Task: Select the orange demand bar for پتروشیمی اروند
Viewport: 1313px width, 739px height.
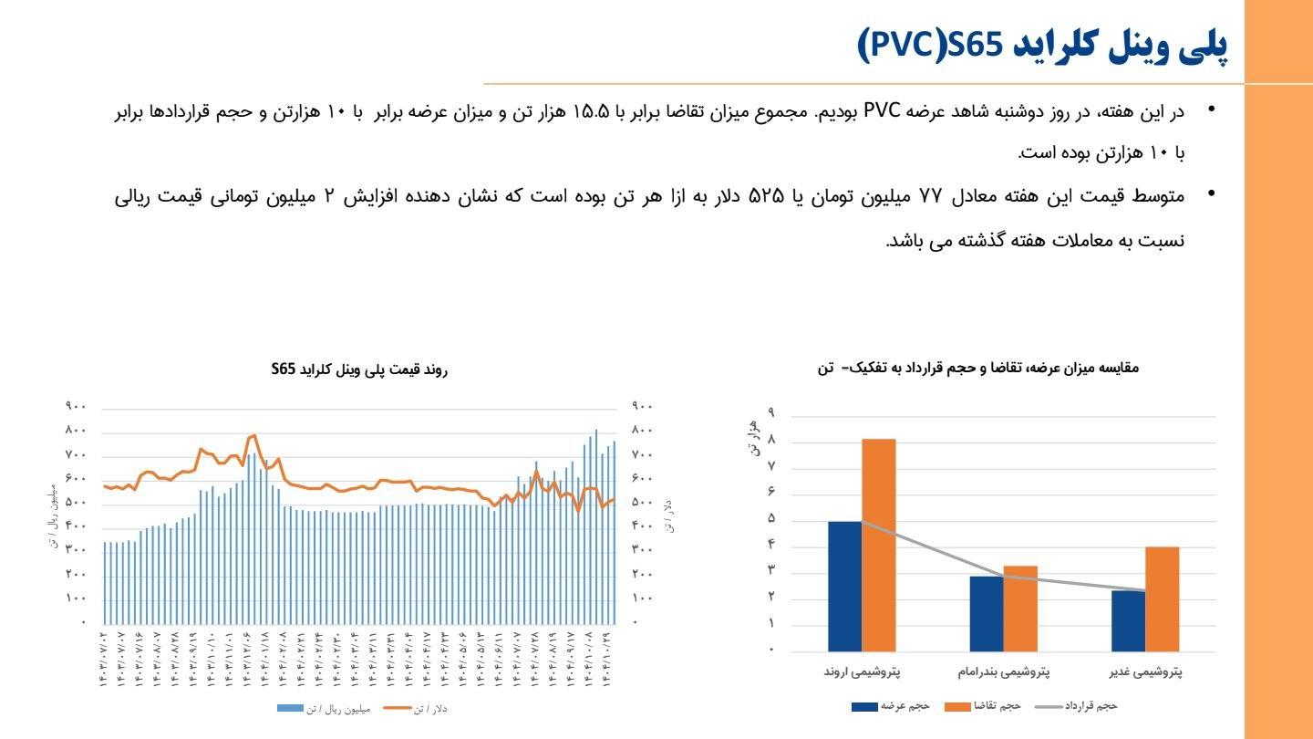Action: pos(878,545)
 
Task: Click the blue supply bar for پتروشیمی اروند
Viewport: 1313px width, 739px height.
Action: pos(844,586)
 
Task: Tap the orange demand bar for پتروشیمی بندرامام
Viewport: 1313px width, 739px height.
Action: pos(1020,609)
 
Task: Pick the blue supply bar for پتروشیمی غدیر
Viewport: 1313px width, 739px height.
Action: pos(1128,620)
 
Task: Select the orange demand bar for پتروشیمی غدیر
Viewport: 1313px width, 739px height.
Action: pos(1162,598)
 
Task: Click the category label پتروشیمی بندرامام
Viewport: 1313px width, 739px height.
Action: pos(1003,672)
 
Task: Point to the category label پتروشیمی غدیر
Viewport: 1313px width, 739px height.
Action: pos(1145,672)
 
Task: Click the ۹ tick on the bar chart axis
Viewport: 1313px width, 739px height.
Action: pos(771,413)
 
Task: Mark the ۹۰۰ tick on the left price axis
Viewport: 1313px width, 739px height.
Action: pos(75,406)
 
